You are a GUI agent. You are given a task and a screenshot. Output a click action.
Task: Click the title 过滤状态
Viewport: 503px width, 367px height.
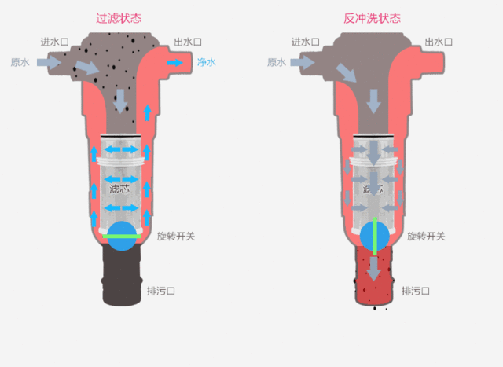(x=119, y=18)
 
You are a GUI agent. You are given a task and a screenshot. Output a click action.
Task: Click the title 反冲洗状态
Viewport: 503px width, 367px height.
(x=372, y=18)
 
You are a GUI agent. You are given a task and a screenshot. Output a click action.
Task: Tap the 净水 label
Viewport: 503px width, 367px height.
(x=207, y=62)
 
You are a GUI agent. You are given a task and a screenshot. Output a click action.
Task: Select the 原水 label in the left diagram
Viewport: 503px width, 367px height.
(x=20, y=62)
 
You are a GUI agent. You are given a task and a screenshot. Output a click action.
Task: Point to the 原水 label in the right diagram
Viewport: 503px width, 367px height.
(x=277, y=62)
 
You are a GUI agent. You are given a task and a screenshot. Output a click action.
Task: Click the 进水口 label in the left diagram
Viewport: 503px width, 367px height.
(x=54, y=42)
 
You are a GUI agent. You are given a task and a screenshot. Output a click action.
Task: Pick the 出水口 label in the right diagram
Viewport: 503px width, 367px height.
(x=439, y=42)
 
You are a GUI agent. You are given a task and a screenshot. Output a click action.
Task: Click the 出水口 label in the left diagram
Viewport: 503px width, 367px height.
(x=188, y=42)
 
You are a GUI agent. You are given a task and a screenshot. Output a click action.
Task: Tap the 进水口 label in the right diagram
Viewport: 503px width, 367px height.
(x=306, y=42)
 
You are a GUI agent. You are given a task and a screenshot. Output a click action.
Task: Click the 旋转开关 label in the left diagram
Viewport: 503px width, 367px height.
(x=176, y=237)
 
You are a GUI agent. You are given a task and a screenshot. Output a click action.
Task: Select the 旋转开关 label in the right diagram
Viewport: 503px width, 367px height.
(x=426, y=237)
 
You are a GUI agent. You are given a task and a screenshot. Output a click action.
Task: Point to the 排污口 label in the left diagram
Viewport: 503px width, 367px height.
(x=161, y=292)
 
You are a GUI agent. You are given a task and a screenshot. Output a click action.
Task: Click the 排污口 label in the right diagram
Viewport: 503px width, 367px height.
(x=416, y=292)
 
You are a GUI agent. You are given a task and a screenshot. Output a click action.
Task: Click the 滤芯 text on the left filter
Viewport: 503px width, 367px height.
(x=119, y=189)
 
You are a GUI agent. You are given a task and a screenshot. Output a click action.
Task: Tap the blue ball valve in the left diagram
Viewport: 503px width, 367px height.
(x=122, y=237)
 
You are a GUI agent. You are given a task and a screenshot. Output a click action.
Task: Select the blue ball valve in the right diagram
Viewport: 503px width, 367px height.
(x=375, y=237)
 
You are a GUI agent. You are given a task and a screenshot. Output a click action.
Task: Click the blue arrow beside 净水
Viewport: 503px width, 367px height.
(x=174, y=63)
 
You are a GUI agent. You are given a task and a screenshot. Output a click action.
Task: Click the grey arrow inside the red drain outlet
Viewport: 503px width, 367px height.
(x=374, y=269)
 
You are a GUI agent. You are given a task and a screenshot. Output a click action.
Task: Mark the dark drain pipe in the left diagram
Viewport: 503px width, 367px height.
(x=122, y=274)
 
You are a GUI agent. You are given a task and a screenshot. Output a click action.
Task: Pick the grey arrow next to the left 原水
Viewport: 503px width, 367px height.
(x=49, y=62)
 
